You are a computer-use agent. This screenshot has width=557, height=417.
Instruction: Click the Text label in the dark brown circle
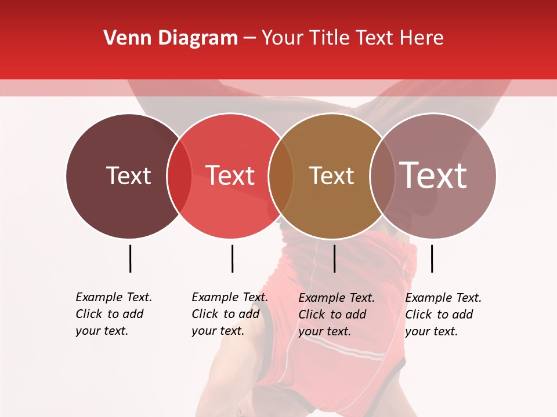point(128,175)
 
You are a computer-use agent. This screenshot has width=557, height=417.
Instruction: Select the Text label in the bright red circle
point(230,175)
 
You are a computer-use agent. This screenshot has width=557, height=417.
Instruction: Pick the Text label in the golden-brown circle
point(331,175)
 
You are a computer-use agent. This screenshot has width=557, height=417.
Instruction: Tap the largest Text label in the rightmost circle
point(433,175)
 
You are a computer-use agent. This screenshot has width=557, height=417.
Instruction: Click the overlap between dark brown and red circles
point(179,175)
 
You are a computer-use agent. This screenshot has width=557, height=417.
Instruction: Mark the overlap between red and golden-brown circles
point(281,175)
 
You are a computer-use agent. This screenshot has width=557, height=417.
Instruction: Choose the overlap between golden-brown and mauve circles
point(382,175)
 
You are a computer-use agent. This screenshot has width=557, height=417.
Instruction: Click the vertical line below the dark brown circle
point(130,258)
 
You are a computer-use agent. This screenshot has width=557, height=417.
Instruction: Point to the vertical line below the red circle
point(232,258)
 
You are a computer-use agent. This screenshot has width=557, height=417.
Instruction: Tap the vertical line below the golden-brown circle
point(334,258)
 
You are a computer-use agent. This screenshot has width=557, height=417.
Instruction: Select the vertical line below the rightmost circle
point(432,258)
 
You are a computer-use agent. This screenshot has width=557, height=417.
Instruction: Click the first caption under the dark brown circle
point(113,314)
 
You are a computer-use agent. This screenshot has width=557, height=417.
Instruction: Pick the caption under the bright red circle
point(229,314)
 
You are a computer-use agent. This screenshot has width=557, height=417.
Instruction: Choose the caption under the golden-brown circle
point(336,314)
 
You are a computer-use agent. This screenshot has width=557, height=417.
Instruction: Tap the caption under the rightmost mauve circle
point(443,314)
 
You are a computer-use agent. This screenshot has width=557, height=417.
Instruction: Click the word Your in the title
point(282,38)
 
